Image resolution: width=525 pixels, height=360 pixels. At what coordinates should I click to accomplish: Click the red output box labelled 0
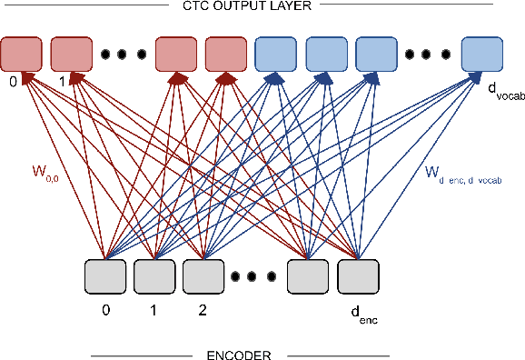tap(21, 55)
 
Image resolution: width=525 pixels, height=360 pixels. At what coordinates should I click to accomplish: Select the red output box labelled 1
tap(70, 55)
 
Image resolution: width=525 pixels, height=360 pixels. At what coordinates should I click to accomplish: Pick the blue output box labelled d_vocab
tap(482, 55)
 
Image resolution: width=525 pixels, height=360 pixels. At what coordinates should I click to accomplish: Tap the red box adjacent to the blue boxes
tap(226, 55)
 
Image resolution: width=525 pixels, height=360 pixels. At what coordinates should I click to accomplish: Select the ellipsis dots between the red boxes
tap(123, 55)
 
